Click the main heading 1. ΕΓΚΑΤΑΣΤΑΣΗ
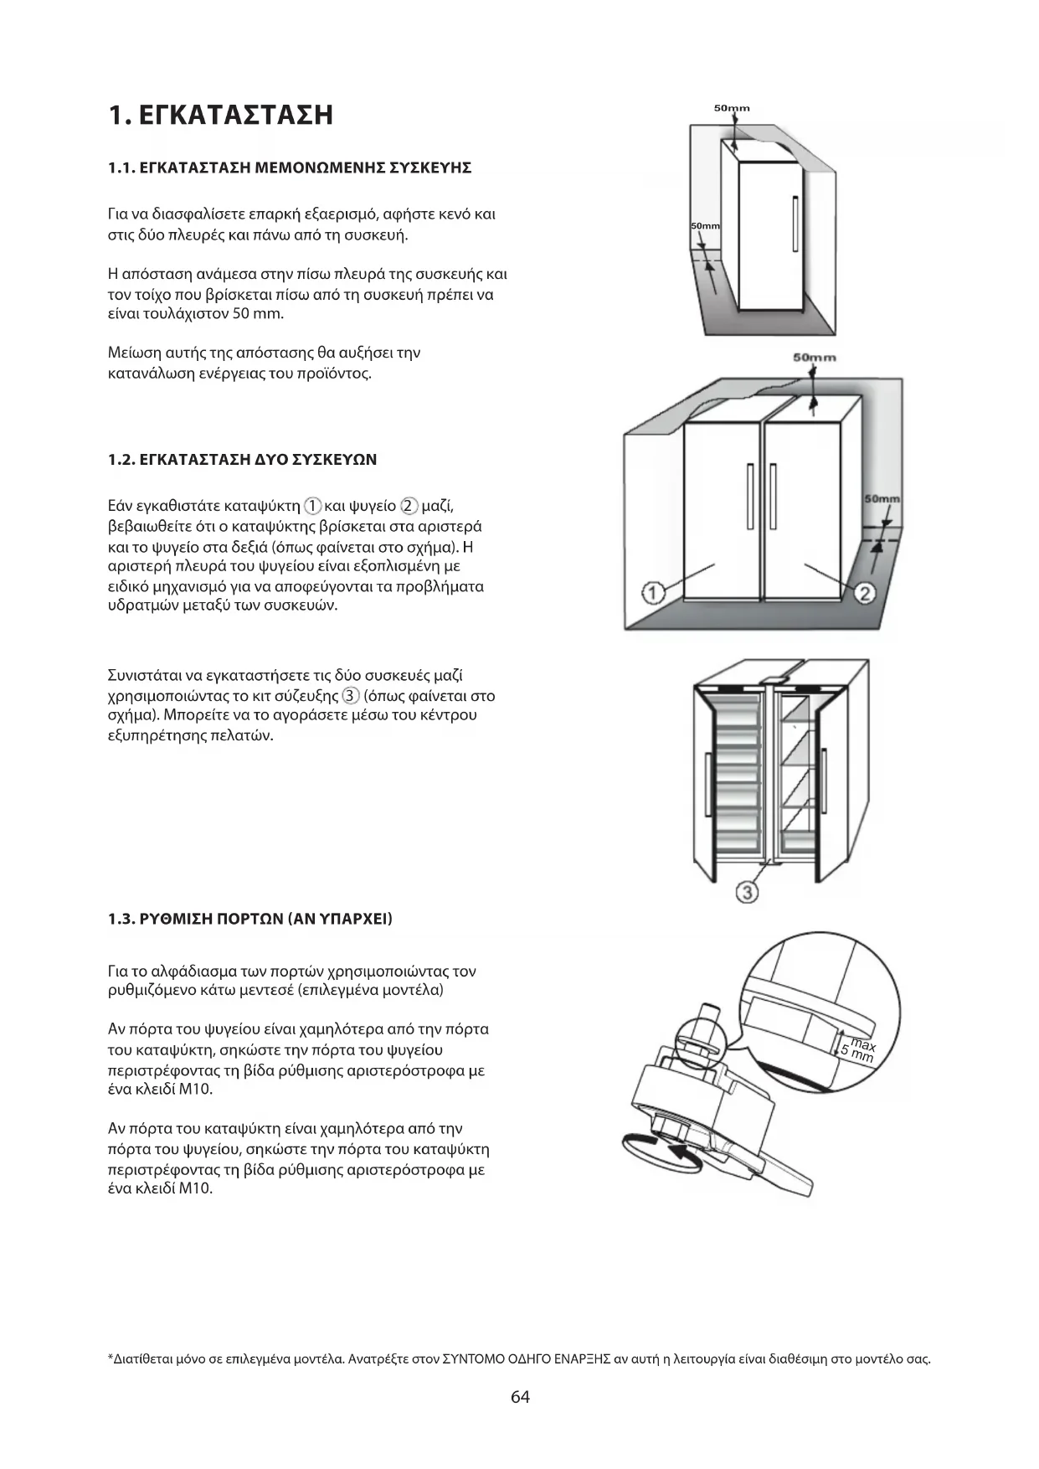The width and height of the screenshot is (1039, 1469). [x=221, y=115]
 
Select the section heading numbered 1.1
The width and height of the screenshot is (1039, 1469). [x=290, y=168]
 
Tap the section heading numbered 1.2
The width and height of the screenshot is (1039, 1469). [x=242, y=460]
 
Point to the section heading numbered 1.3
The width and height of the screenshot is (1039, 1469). [x=250, y=919]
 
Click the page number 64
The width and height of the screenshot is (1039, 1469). [x=520, y=1397]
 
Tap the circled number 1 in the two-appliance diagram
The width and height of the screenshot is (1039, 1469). [x=653, y=593]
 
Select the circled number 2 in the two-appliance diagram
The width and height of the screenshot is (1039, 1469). [x=865, y=593]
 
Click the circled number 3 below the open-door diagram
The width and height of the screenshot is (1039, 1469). [x=747, y=892]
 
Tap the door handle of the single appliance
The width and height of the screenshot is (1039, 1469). [x=795, y=223]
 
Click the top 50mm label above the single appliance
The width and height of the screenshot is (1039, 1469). [x=732, y=108]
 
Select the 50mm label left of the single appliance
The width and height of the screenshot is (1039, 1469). [x=705, y=226]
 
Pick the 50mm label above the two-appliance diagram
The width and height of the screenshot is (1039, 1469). [x=814, y=358]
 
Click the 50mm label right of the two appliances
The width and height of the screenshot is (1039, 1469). [x=882, y=499]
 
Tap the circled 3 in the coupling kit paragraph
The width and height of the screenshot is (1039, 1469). [x=351, y=696]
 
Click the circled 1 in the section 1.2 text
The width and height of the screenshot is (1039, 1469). [x=312, y=506]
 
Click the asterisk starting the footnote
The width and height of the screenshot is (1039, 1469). [x=111, y=1358]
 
